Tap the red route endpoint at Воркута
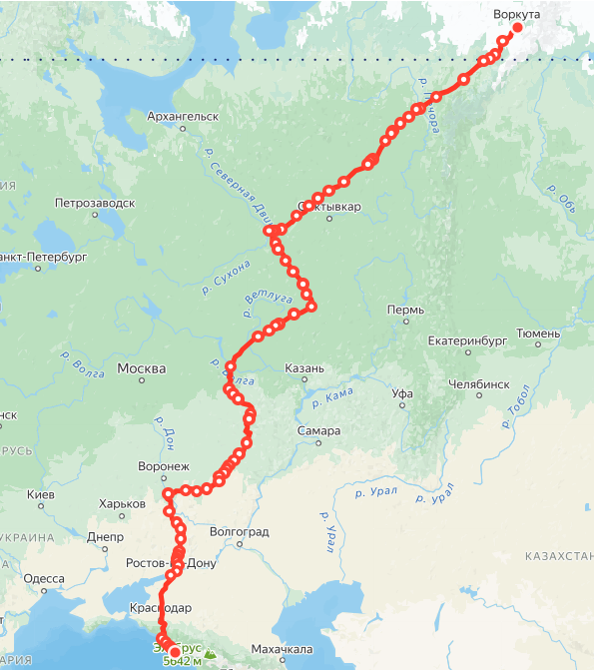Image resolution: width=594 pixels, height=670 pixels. click(x=517, y=28)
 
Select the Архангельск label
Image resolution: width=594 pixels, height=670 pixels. click(x=183, y=116)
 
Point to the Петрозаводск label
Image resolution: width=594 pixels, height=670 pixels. click(x=95, y=203)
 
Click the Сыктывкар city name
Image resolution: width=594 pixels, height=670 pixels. click(x=329, y=208)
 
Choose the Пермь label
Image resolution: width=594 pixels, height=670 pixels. click(x=404, y=311)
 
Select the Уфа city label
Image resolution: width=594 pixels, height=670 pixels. click(x=402, y=393)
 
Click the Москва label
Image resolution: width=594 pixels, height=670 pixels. click(x=142, y=369)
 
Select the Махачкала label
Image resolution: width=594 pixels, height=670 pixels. click(x=283, y=650)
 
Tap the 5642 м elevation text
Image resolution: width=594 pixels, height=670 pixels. click(x=183, y=661)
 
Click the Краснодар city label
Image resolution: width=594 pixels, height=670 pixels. click(x=160, y=608)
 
